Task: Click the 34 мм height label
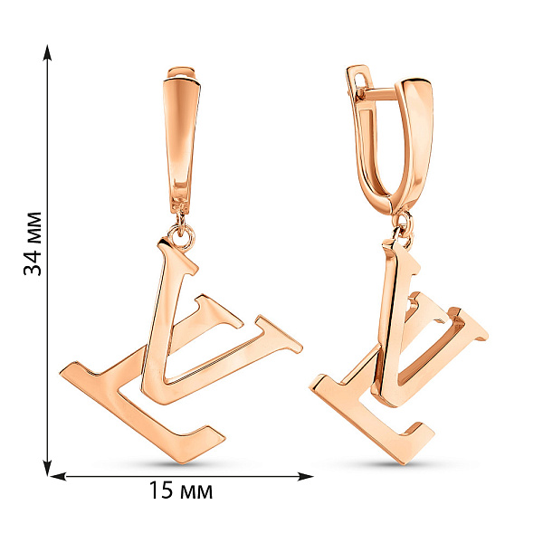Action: coord(33,243)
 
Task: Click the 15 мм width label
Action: coord(181,491)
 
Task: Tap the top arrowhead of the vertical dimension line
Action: coord(47,52)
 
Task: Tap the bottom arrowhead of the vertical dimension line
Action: coord(47,468)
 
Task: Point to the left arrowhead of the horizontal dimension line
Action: coord(58,477)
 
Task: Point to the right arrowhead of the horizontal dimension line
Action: coord(306,477)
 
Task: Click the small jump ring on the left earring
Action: coord(181,236)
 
